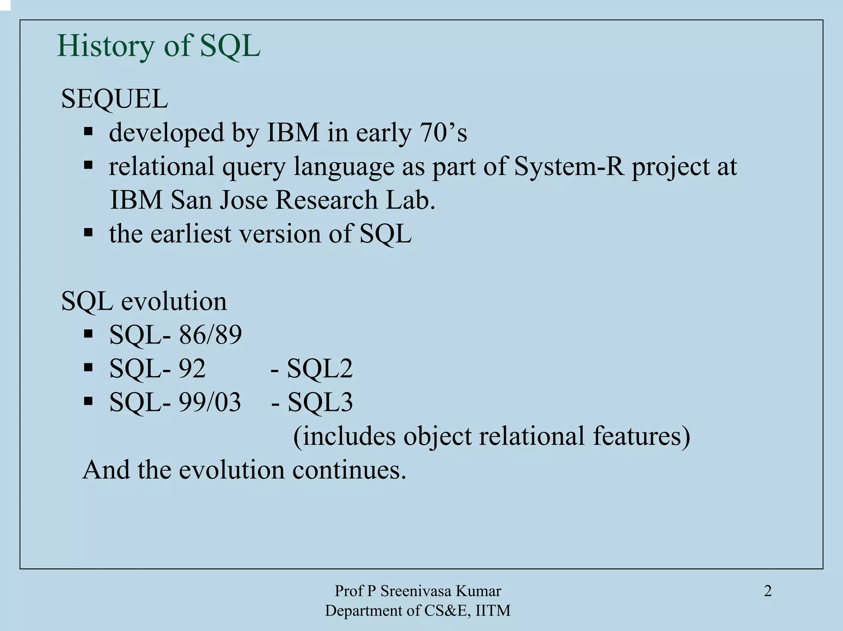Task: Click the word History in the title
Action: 105,46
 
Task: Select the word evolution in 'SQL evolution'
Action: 174,301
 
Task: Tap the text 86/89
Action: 210,335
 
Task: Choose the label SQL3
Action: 320,402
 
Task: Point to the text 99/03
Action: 210,402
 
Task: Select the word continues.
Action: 349,470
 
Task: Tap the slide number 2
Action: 767,591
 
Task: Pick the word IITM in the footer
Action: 493,611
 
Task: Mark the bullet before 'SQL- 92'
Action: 88,367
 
